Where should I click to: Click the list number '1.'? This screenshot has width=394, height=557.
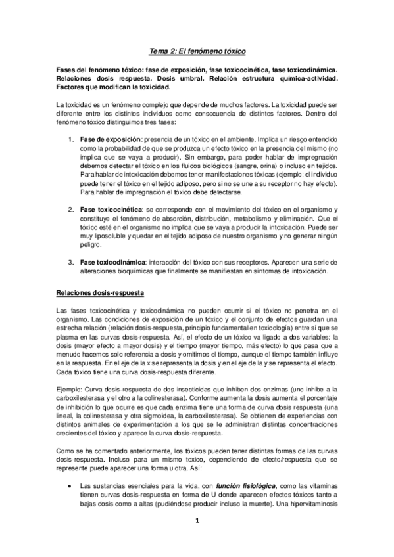pos(72,140)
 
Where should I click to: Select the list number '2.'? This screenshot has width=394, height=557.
pos(72,209)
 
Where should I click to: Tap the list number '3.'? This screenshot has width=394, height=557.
pos(72,263)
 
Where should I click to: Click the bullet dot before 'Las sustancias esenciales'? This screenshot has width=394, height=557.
pos(69,501)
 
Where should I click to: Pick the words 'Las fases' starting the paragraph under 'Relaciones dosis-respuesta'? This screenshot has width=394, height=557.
pos(70,309)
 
